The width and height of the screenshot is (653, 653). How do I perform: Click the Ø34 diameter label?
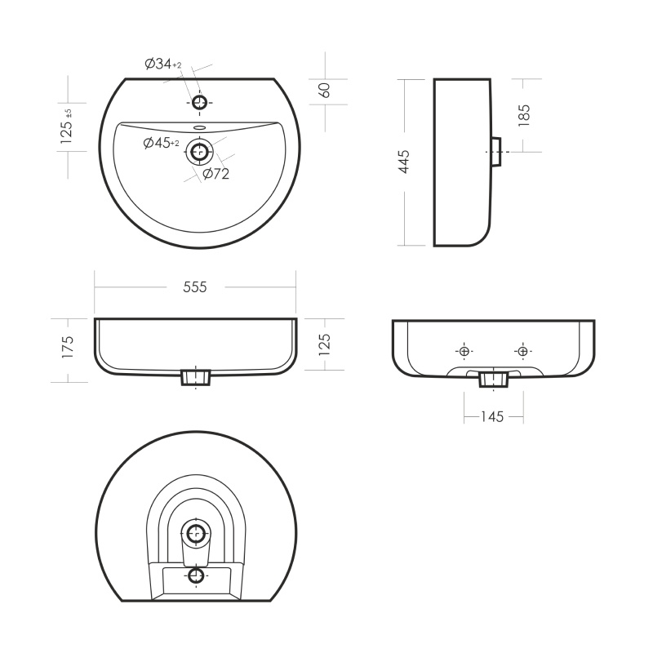tap(162, 64)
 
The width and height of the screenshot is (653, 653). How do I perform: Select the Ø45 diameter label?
tap(161, 143)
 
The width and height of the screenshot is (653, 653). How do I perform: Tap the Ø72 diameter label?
tap(216, 174)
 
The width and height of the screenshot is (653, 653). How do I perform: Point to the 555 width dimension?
tap(195, 287)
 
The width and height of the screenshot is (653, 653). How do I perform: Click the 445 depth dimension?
tap(404, 162)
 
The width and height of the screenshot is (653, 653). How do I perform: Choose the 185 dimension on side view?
tap(524, 115)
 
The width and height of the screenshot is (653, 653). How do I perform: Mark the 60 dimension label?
tap(325, 91)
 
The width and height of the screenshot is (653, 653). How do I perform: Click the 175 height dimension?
tap(67, 347)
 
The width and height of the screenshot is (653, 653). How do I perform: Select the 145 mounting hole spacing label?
tap(492, 416)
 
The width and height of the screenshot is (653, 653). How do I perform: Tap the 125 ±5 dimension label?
tap(67, 127)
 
